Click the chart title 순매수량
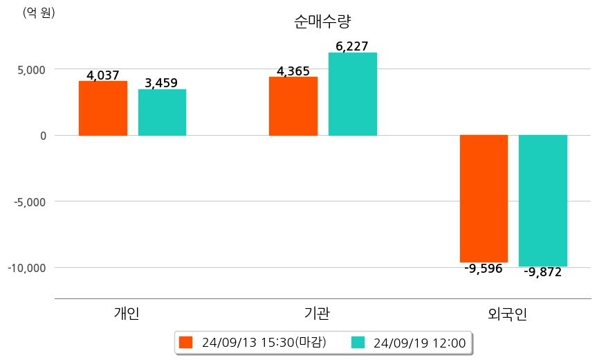(x=318, y=21)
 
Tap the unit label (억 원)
(x=39, y=12)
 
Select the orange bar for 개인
(x=103, y=108)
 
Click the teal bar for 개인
(x=162, y=112)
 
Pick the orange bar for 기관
(x=293, y=106)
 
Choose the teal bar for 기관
(x=352, y=94)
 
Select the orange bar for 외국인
(x=484, y=199)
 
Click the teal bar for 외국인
(x=543, y=201)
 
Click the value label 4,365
(x=293, y=71)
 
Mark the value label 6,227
(x=351, y=46)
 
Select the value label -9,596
(x=484, y=269)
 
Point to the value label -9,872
(x=542, y=272)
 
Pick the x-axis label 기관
(x=317, y=314)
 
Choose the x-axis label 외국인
(x=508, y=314)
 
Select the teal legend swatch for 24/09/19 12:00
(x=358, y=342)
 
